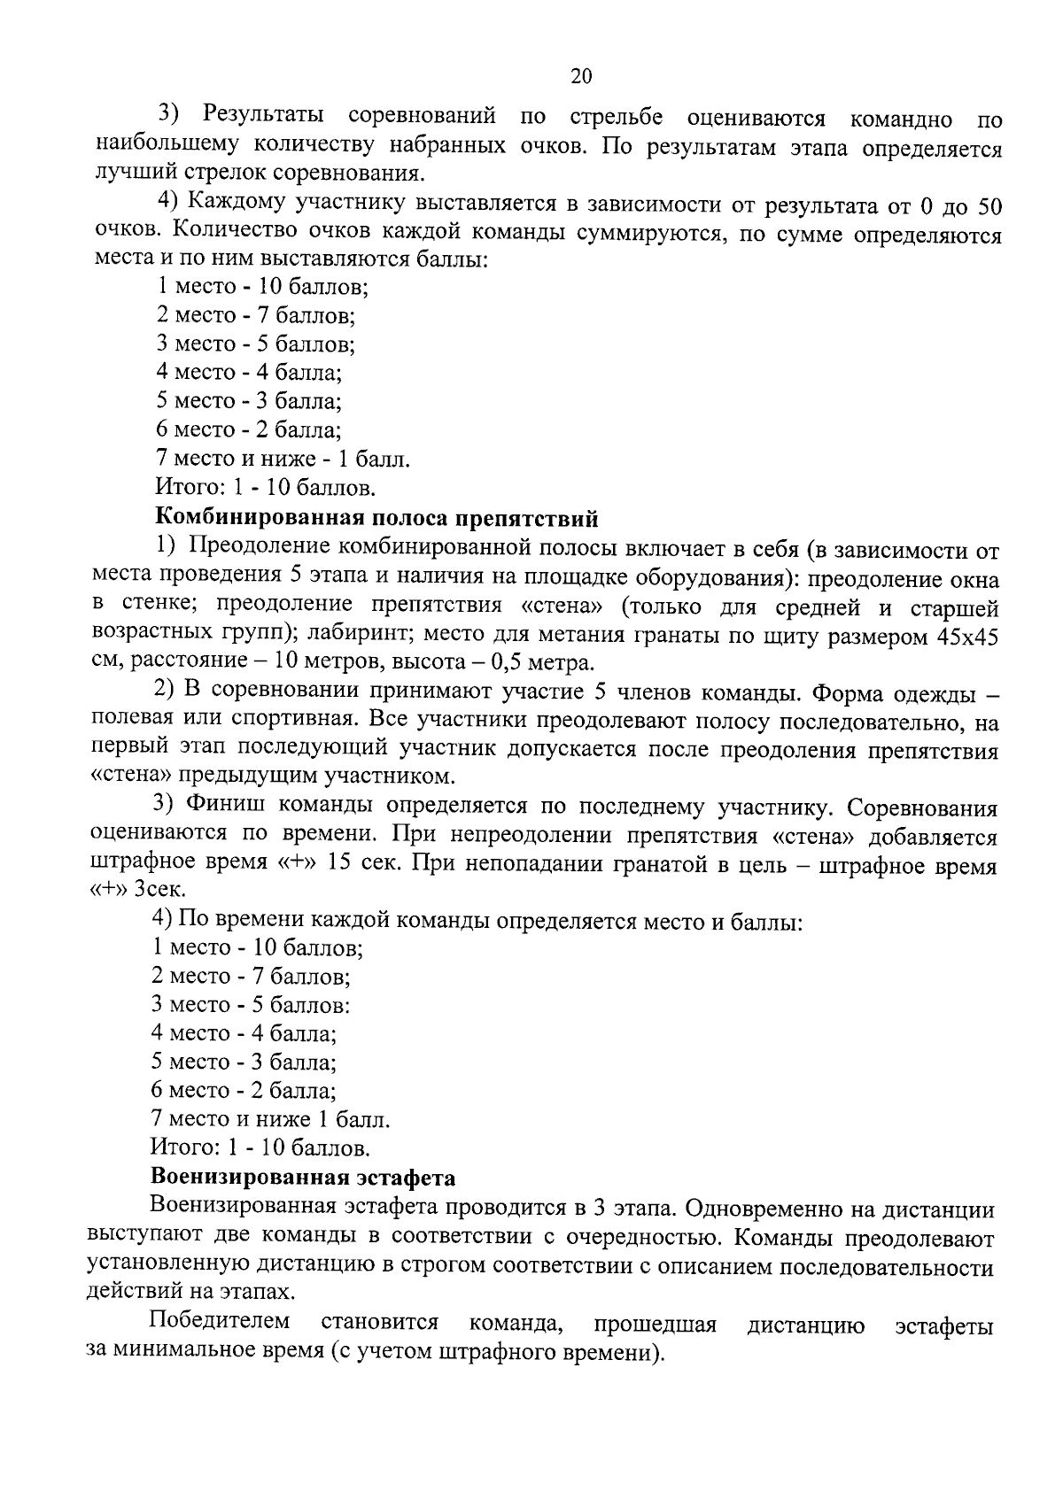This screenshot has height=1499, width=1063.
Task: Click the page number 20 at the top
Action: pos(580,76)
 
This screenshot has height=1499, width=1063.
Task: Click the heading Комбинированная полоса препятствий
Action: pos(376,517)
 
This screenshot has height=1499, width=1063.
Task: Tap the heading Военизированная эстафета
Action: pos(303,1178)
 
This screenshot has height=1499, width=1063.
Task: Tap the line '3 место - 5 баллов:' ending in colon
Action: pos(251,1005)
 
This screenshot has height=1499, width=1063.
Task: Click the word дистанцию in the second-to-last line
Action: pos(806,1325)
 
